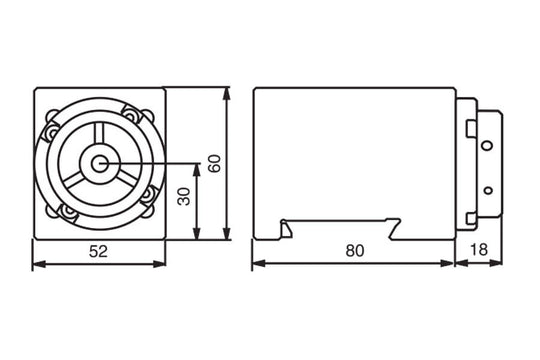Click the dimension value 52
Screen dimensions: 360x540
[x=99, y=252]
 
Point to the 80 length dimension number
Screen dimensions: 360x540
[x=352, y=252]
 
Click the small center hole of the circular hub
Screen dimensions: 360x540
[x=100, y=163]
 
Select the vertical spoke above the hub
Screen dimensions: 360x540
[x=100, y=139]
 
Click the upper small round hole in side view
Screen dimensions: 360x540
[x=486, y=146]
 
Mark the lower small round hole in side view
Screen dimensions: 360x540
[x=486, y=188]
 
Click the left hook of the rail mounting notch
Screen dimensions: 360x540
[x=288, y=227]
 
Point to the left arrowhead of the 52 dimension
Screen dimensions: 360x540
[x=37, y=265]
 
